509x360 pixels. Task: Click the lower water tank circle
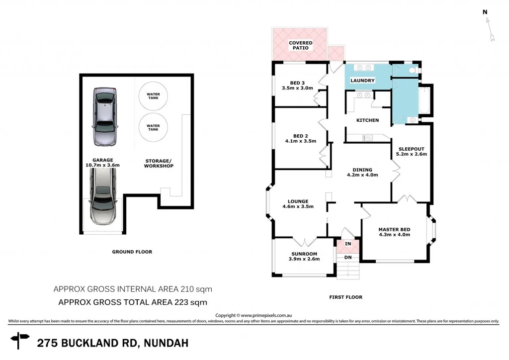(153, 127)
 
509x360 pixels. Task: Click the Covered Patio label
(301, 45)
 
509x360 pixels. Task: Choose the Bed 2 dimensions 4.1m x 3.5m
(301, 141)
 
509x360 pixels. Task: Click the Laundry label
(362, 81)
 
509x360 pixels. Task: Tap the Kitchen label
(368, 120)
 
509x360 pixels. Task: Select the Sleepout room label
(411, 149)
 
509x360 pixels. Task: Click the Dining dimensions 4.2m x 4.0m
(362, 175)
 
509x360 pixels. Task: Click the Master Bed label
(394, 229)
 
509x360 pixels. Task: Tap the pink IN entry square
(347, 244)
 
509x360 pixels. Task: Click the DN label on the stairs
(347, 257)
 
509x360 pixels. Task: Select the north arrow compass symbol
(490, 28)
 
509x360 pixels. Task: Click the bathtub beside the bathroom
(425, 100)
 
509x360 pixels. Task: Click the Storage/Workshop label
(159, 163)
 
